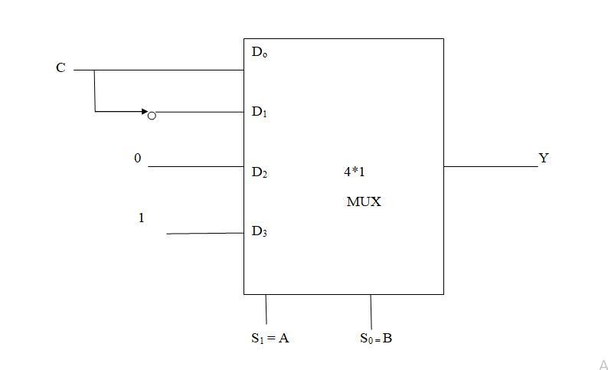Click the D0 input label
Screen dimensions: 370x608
(259, 53)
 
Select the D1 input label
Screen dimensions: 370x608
(259, 112)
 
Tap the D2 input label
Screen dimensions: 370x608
(259, 172)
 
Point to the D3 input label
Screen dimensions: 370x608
(259, 231)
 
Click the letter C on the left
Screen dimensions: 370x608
(60, 68)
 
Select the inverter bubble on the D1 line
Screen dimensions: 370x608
(152, 115)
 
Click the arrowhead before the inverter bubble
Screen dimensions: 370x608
(144, 112)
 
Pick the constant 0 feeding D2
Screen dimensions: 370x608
(138, 159)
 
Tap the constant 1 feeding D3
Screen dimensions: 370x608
(141, 218)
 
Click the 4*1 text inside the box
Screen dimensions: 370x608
(355, 172)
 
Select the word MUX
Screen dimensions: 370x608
(364, 202)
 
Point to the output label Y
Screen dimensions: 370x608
(544, 159)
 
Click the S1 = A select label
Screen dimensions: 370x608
(270, 338)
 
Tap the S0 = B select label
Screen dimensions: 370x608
(376, 338)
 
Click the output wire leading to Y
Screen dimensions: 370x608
(490, 166)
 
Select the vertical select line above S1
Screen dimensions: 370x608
(266, 309)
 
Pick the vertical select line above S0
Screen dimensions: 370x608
(371, 312)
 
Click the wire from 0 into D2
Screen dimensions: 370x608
(195, 166)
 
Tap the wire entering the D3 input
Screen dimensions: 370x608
(204, 233)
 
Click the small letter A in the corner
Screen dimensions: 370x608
(603, 365)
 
